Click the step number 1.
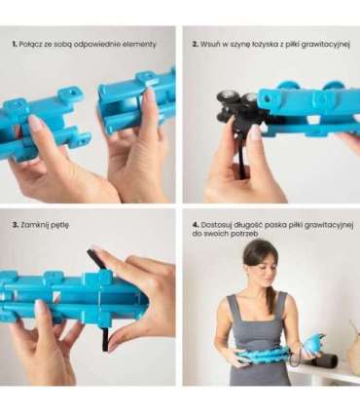[15, 44]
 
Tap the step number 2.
[195, 44]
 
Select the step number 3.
[16, 225]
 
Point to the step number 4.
[196, 225]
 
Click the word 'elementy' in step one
[139, 45]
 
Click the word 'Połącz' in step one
[30, 45]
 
